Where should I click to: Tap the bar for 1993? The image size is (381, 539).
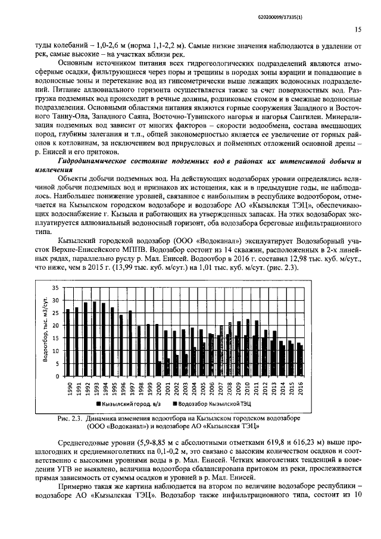click(x=95, y=339)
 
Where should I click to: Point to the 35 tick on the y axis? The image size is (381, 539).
click(x=55, y=288)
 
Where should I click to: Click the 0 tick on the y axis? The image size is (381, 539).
click(x=57, y=376)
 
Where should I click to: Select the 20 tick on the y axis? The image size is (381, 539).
click(x=55, y=326)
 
